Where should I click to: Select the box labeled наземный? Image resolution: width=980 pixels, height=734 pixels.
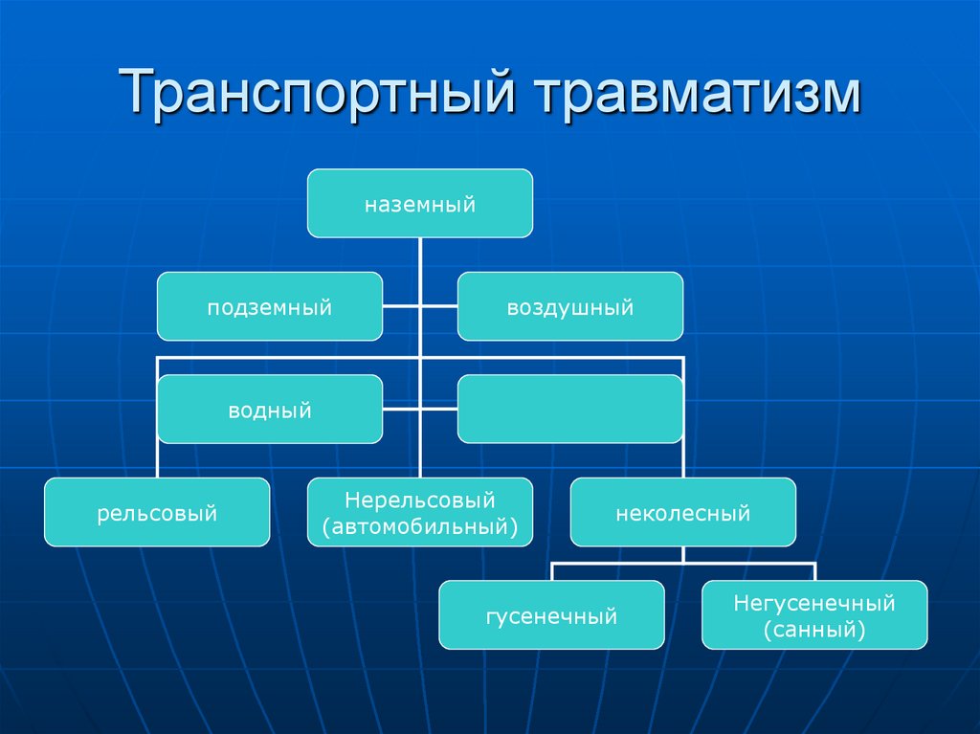click(419, 203)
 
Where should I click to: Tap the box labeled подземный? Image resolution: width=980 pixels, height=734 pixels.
click(270, 307)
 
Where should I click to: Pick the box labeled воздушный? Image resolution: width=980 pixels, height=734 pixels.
click(570, 307)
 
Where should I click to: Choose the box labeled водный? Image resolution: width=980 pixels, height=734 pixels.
click(270, 410)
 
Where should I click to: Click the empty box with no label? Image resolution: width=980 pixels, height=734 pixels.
click(570, 410)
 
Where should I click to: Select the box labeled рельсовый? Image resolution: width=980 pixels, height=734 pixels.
click(157, 513)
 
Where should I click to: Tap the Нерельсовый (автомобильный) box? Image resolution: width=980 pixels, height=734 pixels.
click(419, 513)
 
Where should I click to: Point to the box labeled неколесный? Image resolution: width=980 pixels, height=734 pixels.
click(682, 513)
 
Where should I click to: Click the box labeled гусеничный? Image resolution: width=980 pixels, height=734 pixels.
click(551, 615)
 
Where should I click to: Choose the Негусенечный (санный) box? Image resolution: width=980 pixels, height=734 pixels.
click(814, 615)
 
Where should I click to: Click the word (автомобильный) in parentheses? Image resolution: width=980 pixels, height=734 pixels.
click(419, 525)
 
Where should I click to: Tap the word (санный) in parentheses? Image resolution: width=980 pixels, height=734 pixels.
click(814, 629)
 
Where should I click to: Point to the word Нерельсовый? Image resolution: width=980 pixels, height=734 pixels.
click(419, 500)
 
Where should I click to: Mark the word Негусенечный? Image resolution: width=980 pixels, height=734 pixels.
click(814, 603)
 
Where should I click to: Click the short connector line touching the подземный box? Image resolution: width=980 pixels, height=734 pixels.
click(400, 307)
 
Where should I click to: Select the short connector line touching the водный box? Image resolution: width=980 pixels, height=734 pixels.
click(400, 410)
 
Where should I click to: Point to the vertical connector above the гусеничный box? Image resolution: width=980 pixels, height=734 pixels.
click(551, 571)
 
